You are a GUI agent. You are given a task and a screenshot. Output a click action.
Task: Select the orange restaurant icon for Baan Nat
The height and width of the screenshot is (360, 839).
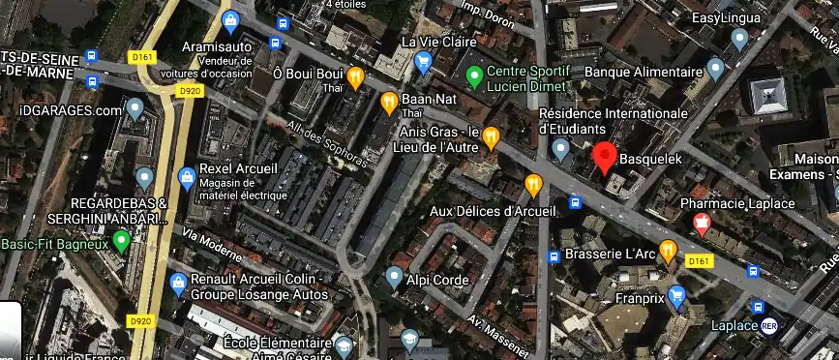tap(389, 101)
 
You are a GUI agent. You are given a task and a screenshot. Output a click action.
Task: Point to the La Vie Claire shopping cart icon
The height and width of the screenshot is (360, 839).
tap(423, 63)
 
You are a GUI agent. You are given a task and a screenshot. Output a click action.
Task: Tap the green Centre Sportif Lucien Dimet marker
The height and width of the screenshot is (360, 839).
tap(474, 75)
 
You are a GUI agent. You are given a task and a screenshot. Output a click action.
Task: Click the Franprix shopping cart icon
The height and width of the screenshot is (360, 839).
tap(677, 295)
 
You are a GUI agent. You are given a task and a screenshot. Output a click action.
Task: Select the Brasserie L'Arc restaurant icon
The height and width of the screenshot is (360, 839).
tap(668, 250)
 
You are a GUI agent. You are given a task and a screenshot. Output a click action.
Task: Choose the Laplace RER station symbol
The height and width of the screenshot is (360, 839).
tap(769, 325)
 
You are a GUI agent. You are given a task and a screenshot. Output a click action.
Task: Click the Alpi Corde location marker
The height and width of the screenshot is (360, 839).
tap(393, 278)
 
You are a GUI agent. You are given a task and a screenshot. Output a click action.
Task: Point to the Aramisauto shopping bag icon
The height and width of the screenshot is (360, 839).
tap(231, 20)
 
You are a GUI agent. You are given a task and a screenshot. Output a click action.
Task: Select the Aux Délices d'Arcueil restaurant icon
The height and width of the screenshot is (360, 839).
tap(533, 184)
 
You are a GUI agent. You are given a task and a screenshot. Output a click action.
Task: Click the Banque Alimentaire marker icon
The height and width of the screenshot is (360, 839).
tap(716, 69)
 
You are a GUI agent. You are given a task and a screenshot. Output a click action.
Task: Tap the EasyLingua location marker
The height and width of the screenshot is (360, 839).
tap(739, 38)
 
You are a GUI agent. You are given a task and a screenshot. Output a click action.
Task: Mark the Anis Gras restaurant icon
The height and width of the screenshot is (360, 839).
tap(492, 137)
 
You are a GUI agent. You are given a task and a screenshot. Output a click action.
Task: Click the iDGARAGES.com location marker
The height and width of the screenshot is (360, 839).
tap(135, 107)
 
